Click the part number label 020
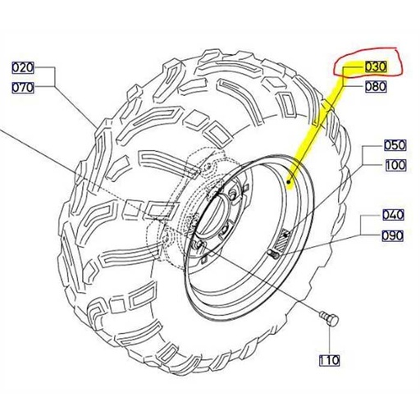23,67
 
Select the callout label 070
23,88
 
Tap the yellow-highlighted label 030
375,66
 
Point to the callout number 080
376,87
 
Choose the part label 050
395,145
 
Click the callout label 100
395,166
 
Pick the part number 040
393,215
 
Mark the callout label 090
392,235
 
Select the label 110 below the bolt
329,360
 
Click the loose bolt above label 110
329,318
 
